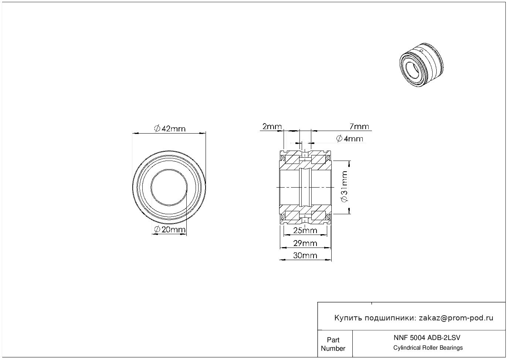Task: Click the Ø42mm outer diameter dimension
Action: tap(170, 129)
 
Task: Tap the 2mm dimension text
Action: tap(272, 127)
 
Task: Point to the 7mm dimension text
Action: tap(359, 127)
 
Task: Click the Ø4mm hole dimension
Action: tap(350, 139)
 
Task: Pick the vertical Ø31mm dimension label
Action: tap(345, 187)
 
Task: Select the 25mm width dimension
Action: tap(305, 231)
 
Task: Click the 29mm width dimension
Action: tap(305, 243)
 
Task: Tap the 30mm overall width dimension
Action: tap(305, 255)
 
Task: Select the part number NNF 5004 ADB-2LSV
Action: tap(427, 337)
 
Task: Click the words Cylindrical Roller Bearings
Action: tap(428, 348)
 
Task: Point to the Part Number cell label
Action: tap(333, 344)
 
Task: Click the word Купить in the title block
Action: tap(348, 318)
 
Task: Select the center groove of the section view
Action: tap(305, 187)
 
